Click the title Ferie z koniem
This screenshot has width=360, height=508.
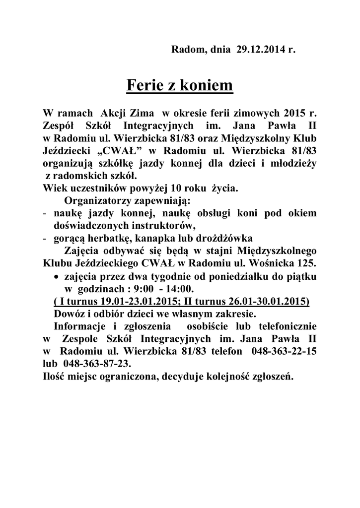[180, 85]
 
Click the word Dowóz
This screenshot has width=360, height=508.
[69, 314]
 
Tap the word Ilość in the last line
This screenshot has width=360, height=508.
[55, 376]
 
